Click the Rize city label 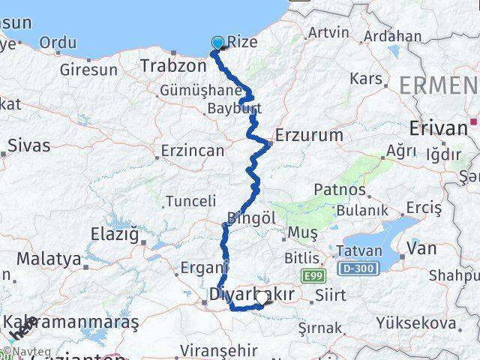pyautogui.click(x=241, y=43)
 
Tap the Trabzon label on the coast pyautogui.click(x=172, y=66)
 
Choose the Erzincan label pyautogui.click(x=193, y=151)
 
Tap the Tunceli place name pyautogui.click(x=190, y=201)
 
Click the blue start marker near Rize pyautogui.click(x=217, y=43)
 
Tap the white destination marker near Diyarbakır pyautogui.click(x=261, y=298)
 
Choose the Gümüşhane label pyautogui.click(x=188, y=90)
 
